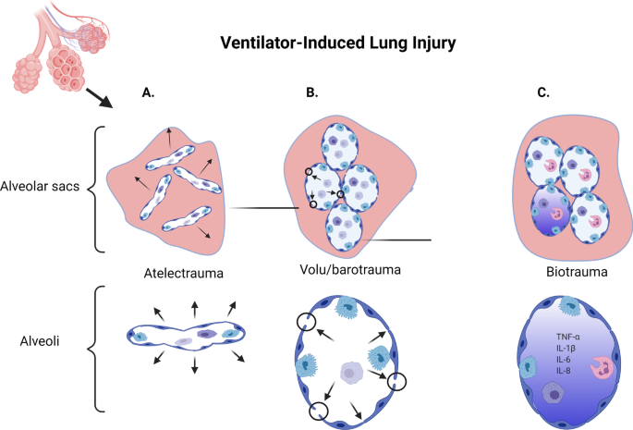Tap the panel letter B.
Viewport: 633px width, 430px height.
click(313, 93)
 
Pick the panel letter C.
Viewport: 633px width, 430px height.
click(543, 93)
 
